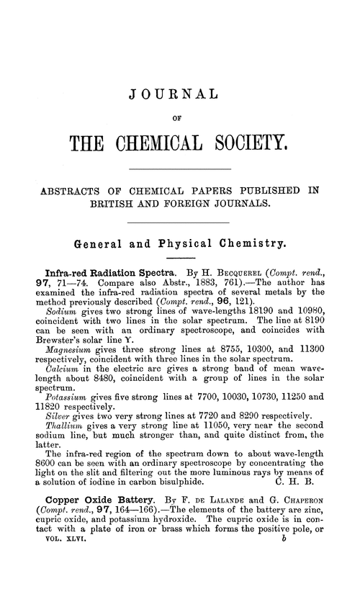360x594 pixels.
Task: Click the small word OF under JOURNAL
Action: [180, 115]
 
